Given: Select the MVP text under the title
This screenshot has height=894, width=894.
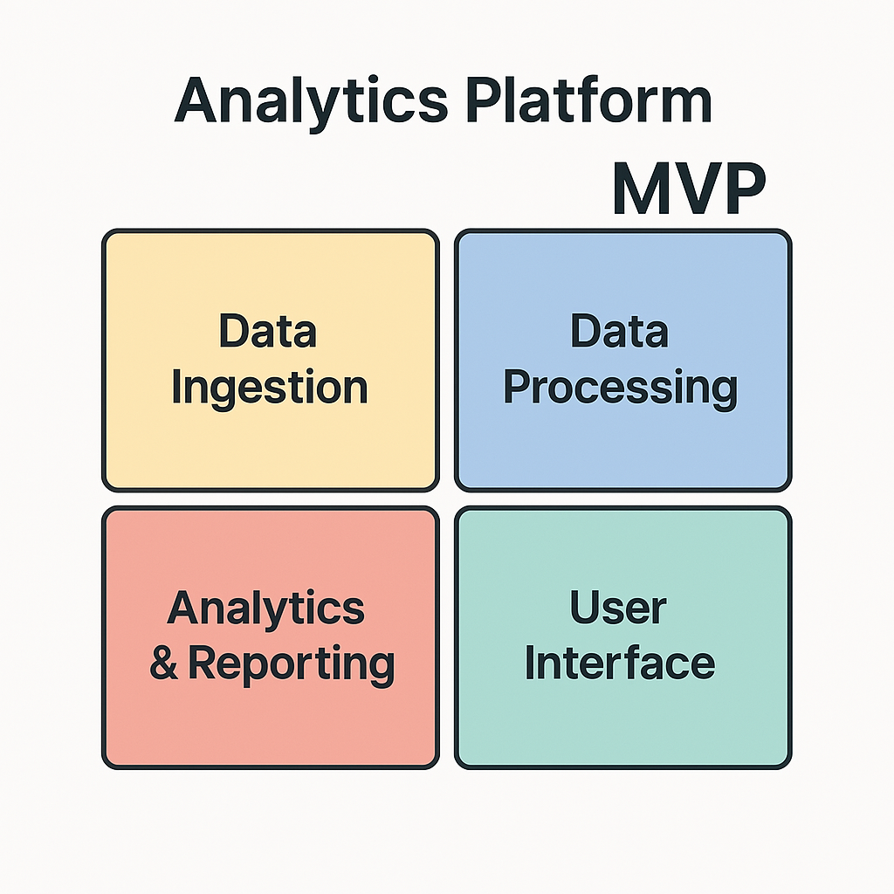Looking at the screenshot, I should (688, 189).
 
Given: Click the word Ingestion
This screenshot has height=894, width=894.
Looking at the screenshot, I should (270, 389).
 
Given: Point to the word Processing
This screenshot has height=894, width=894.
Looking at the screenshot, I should (621, 389).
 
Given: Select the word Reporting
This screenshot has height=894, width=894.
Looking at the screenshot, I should (291, 664).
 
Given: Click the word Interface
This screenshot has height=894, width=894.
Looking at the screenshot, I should (620, 663).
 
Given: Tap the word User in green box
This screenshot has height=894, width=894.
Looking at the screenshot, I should (618, 609).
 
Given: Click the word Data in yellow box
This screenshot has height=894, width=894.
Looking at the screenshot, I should (267, 333).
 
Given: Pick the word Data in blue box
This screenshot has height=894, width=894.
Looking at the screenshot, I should (619, 333).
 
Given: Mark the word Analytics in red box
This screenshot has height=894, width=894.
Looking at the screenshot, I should (266, 609).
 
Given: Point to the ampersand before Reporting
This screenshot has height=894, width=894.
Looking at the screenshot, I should (163, 664).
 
